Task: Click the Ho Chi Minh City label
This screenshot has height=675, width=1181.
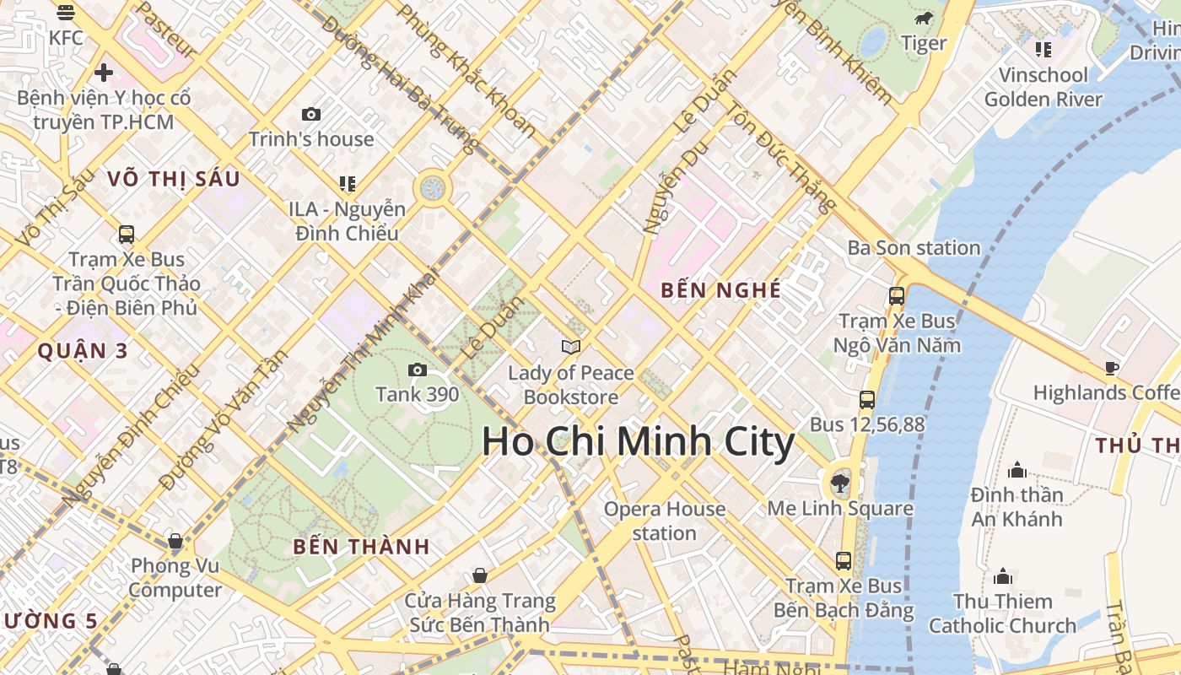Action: (x=638, y=442)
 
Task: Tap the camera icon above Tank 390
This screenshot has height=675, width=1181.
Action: (x=417, y=370)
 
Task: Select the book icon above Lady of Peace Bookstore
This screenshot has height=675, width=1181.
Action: (x=571, y=347)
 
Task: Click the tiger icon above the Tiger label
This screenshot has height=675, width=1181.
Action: (x=924, y=19)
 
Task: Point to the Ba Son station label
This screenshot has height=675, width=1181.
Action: (x=914, y=248)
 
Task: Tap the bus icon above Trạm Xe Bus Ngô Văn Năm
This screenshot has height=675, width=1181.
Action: (x=896, y=296)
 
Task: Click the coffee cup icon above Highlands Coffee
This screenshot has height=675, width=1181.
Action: (x=1111, y=368)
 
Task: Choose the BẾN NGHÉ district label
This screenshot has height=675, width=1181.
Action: (x=721, y=290)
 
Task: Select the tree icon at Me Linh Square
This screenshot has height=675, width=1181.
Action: (x=839, y=483)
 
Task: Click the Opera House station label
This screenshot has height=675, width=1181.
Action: (x=665, y=521)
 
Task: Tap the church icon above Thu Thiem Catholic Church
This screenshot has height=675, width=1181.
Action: (x=1003, y=576)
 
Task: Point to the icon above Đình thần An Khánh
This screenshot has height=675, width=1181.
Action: (x=1017, y=470)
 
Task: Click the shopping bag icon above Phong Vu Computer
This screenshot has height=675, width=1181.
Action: (x=175, y=540)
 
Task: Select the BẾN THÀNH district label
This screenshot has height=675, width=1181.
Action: (x=362, y=547)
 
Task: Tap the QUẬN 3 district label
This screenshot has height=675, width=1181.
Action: (x=83, y=351)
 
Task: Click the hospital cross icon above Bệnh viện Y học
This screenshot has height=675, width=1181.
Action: (x=104, y=73)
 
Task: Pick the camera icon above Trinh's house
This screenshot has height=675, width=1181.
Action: (x=311, y=114)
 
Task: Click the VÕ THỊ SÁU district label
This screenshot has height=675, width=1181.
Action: (x=175, y=179)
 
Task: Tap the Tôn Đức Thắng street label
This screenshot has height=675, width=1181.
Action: (x=781, y=158)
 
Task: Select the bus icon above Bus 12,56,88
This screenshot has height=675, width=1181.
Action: (x=867, y=400)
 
